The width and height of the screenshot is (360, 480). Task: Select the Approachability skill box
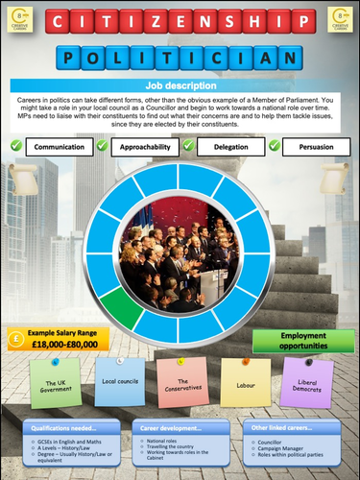point(150,148)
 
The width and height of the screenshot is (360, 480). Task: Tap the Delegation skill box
point(230,148)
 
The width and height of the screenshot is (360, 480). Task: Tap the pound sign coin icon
point(17,338)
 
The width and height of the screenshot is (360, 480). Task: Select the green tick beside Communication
point(15,146)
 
